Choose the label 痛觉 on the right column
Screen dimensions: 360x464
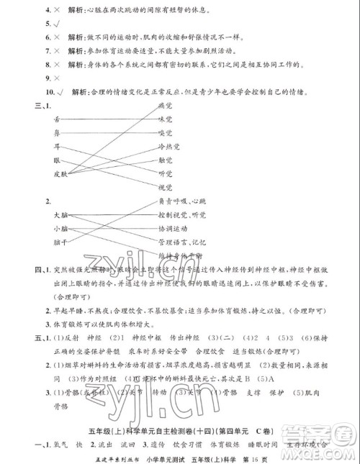coord(166,105)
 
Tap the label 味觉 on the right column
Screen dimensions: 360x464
coord(166,119)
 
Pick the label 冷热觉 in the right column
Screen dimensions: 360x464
coord(168,146)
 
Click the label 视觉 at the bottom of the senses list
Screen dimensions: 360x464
coord(166,187)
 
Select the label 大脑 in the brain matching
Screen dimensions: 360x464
coord(60,215)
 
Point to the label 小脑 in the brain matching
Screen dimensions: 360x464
coord(60,229)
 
